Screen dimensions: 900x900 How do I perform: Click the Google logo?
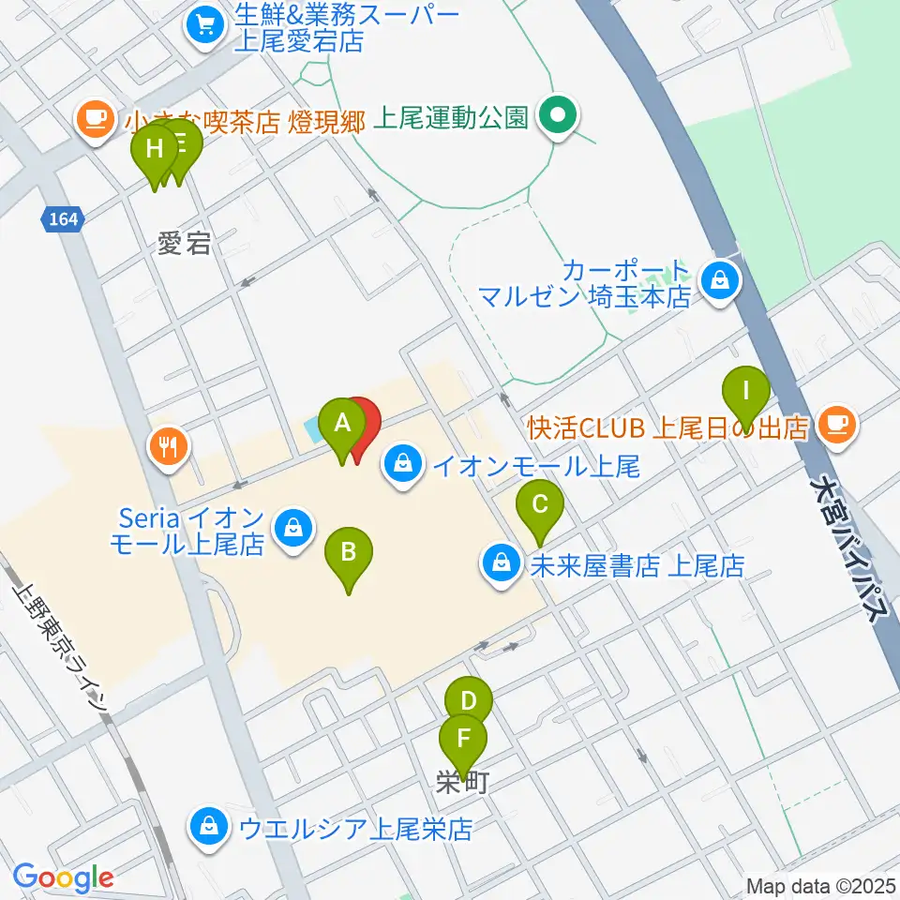point(63,877)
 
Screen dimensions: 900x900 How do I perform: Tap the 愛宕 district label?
point(183,245)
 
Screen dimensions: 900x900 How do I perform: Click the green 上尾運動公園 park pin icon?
point(558,117)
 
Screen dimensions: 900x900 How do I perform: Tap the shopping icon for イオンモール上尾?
point(402,464)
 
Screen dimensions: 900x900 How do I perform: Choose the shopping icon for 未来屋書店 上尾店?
point(501,564)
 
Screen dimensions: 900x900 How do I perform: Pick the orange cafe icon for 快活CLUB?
point(835,425)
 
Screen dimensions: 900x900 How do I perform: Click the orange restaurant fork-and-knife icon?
point(169,445)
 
